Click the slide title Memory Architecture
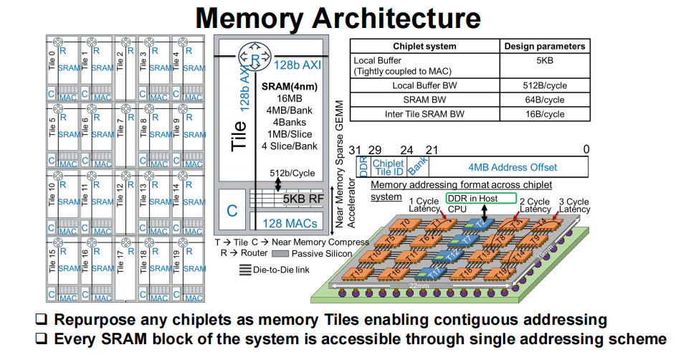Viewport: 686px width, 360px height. tap(338, 17)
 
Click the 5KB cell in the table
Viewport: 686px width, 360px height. tap(544, 61)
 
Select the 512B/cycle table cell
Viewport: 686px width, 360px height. tap(544, 85)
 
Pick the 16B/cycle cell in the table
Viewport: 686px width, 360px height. tap(544, 113)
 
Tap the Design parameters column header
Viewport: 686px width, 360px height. tap(544, 46)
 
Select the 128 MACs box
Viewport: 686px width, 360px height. tap(290, 224)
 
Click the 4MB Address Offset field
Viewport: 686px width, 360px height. tap(512, 167)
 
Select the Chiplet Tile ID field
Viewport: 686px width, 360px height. tap(388, 167)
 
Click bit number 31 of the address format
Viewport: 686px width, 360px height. tap(355, 149)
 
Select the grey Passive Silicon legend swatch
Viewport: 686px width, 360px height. tap(283, 254)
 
